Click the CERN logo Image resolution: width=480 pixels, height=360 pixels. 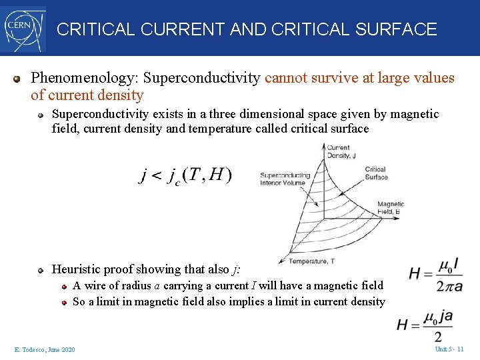pyautogui.click(x=23, y=28)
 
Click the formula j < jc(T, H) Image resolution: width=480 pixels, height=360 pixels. pyautogui.click(x=185, y=175)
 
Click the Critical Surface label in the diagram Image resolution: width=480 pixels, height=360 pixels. pyautogui.click(x=375, y=173)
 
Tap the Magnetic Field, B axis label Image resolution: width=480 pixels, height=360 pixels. pyautogui.click(x=391, y=208)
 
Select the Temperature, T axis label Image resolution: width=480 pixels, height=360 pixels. pyautogui.click(x=312, y=261)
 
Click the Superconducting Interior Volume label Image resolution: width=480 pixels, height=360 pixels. pyautogui.click(x=283, y=179)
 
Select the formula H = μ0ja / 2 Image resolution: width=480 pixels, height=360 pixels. pyautogui.click(x=425, y=325)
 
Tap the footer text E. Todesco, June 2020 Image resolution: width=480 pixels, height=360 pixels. pyautogui.click(x=45, y=349)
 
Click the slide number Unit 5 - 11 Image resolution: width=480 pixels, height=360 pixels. pyautogui.click(x=449, y=349)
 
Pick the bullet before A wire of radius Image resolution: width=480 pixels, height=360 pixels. pyautogui.click(x=65, y=286)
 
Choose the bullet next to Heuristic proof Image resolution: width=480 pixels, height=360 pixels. pyautogui.click(x=41, y=270)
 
